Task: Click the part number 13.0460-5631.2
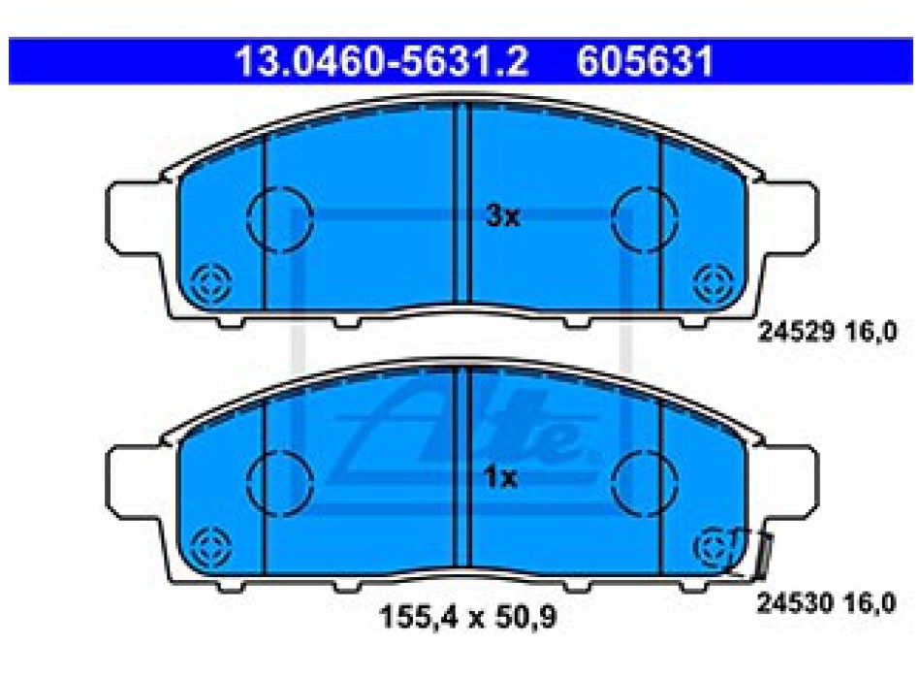click(382, 61)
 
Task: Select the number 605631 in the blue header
click(645, 61)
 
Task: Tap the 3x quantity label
click(503, 216)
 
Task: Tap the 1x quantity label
click(500, 478)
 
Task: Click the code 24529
click(796, 332)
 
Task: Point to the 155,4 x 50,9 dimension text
click(467, 617)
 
